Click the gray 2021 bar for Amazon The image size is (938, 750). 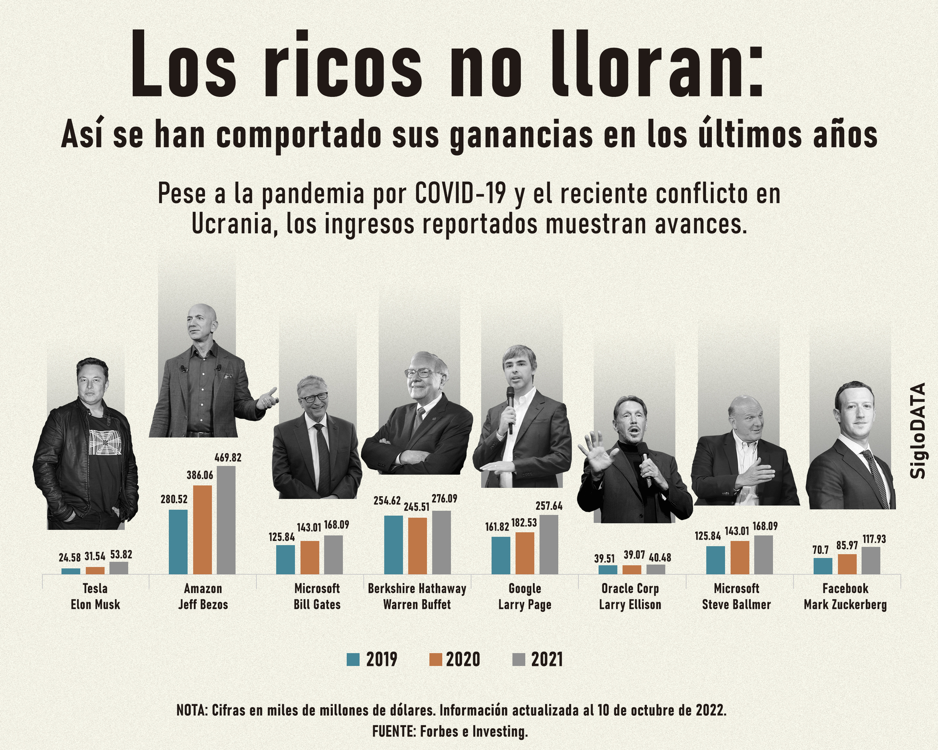tap(226, 520)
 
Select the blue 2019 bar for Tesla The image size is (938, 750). tap(71, 571)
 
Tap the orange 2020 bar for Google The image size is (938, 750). tap(525, 553)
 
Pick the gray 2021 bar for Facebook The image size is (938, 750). tap(871, 560)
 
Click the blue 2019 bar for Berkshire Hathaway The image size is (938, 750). tap(393, 544)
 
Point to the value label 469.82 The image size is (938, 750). tap(228, 458)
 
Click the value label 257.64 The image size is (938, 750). tap(549, 506)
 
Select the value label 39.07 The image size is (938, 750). tap(634, 555)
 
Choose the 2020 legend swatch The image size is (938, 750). tap(436, 660)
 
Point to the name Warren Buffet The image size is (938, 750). tap(417, 604)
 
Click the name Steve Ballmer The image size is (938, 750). tap(736, 604)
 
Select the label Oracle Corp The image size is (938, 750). tap(630, 588)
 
